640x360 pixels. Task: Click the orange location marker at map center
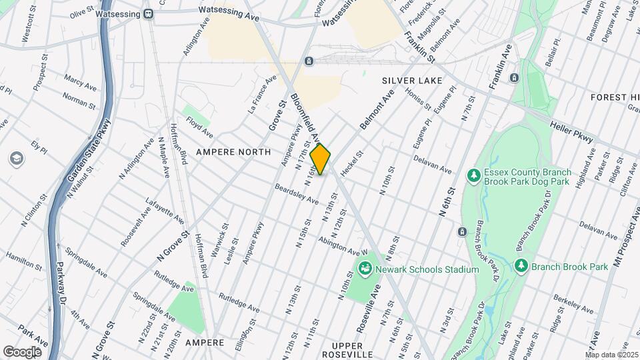coord(321,159)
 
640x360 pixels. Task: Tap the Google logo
coord(22,351)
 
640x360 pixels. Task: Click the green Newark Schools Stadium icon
coord(365,269)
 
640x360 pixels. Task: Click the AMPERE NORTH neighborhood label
coord(234,152)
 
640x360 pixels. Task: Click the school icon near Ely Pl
coord(15,159)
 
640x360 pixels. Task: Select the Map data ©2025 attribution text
coord(612,354)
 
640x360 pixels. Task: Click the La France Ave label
coord(262,94)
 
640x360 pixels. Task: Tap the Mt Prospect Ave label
coord(624,253)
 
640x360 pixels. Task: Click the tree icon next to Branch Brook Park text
coord(521,266)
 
